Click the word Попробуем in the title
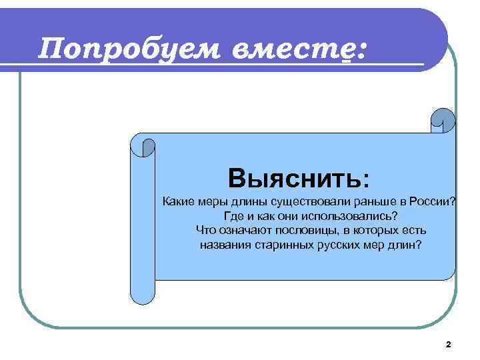click(x=131, y=49)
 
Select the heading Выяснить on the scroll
click(x=298, y=178)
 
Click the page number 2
click(x=448, y=344)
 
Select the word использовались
click(x=352, y=217)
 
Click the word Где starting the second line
click(x=233, y=217)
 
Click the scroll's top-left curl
click(x=148, y=146)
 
